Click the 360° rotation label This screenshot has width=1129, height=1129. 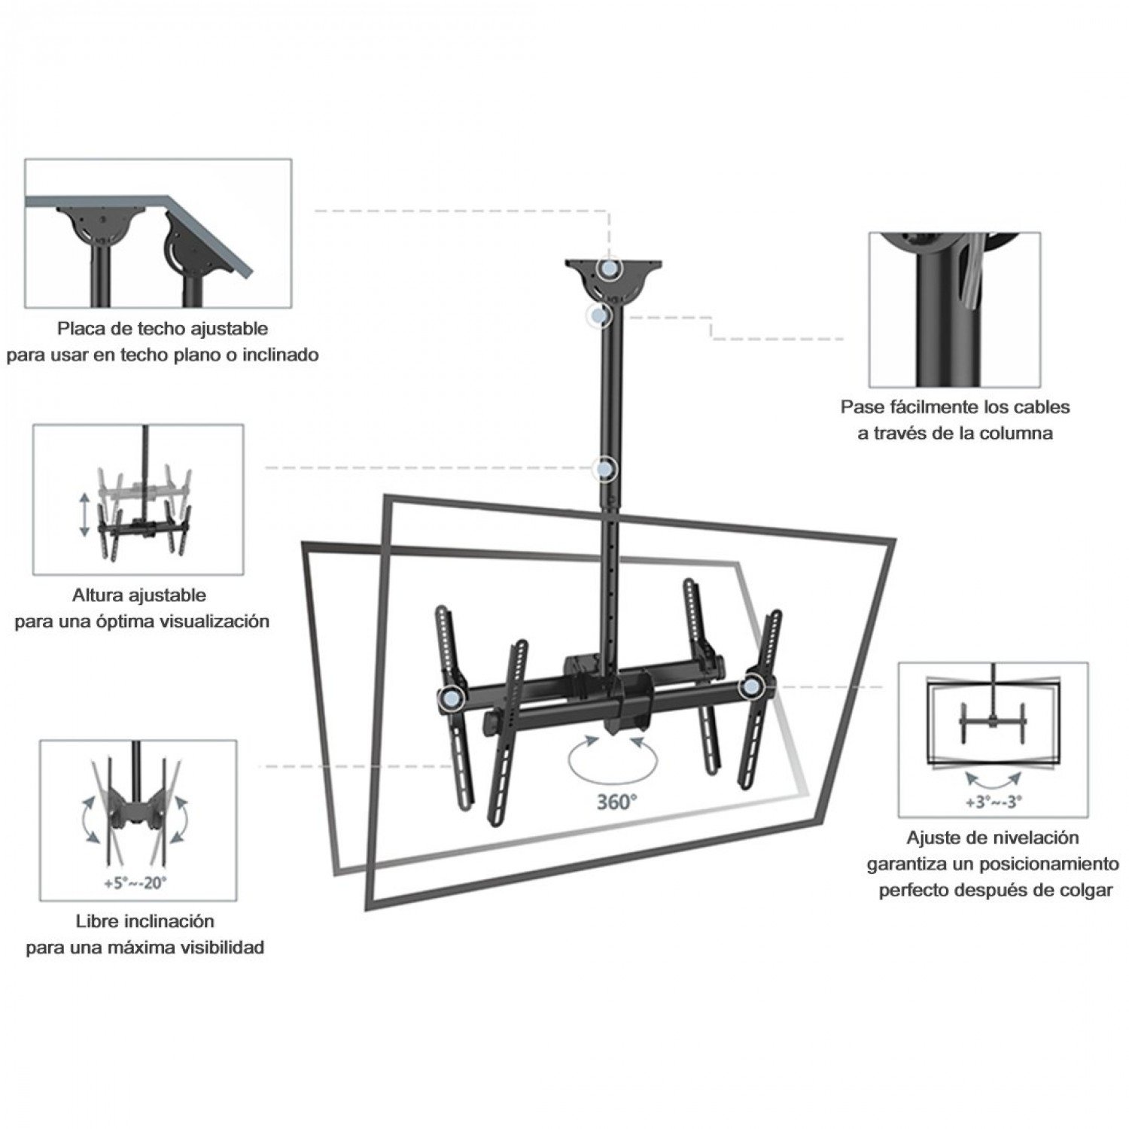tap(616, 802)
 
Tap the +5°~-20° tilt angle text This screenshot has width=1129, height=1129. tap(135, 882)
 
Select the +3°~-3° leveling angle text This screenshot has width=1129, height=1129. tap(994, 802)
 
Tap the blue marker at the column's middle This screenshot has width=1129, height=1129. tap(604, 469)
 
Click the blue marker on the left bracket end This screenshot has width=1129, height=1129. tap(450, 698)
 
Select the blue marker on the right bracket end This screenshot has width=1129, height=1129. tap(750, 686)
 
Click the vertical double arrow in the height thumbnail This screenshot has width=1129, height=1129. tap(85, 514)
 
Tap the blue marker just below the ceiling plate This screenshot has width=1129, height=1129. tap(600, 316)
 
